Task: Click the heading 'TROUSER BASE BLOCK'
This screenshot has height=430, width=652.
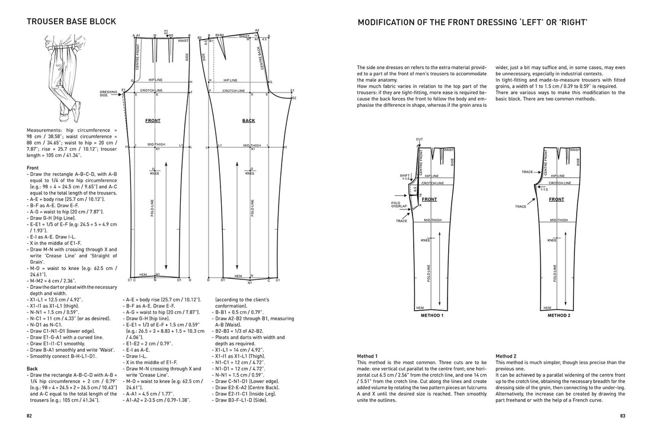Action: pos(71,22)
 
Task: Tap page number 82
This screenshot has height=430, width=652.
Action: pos(30,416)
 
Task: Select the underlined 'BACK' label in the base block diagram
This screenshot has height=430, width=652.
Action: pos(248,120)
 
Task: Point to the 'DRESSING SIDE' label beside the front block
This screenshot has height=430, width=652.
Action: pos(108,93)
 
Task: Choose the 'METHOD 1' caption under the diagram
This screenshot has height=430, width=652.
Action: pos(432,316)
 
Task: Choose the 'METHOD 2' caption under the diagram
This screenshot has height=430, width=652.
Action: pos(559,316)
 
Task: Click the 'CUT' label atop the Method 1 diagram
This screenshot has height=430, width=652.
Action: pos(419,139)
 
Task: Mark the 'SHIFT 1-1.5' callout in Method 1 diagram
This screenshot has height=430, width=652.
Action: pos(405,177)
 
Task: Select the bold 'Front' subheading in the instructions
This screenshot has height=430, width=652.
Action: pos(33,168)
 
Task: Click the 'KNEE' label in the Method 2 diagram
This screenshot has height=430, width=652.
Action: pos(552,241)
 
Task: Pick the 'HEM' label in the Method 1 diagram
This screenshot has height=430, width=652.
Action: pos(420,308)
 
